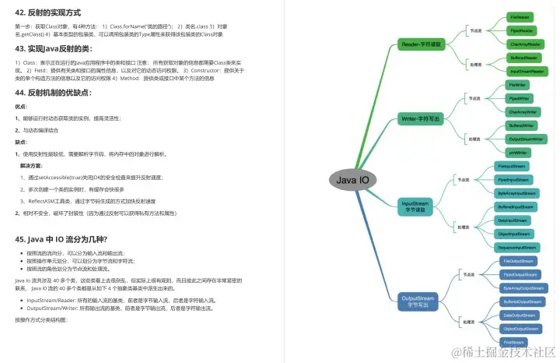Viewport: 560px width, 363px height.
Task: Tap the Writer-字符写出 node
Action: (x=422, y=118)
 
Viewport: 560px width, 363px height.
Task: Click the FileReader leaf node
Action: (x=520, y=16)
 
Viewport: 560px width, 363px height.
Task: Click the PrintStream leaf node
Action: (x=514, y=342)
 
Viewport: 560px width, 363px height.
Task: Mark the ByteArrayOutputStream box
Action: (x=523, y=287)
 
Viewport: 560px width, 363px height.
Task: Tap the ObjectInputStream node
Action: (x=514, y=233)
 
